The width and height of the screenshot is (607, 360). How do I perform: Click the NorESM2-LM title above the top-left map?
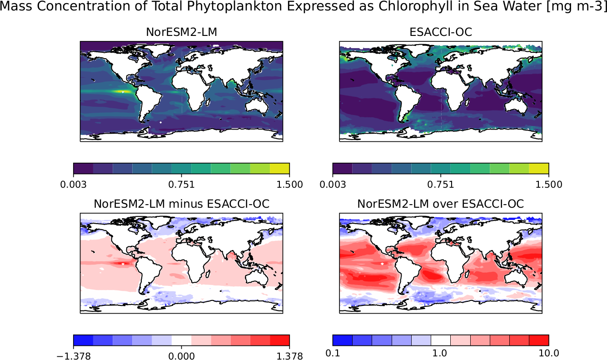coord(181,32)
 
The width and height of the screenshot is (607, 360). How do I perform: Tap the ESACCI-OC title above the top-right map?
coord(441,32)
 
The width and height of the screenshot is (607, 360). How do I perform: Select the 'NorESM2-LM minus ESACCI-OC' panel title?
coord(181,204)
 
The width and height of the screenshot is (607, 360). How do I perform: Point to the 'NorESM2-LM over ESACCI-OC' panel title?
coord(441,204)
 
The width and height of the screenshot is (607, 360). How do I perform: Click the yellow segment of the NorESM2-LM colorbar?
coord(279,168)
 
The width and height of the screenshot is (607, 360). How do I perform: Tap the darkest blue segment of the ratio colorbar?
coord(343,340)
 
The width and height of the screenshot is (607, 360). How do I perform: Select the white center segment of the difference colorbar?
coord(181,340)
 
